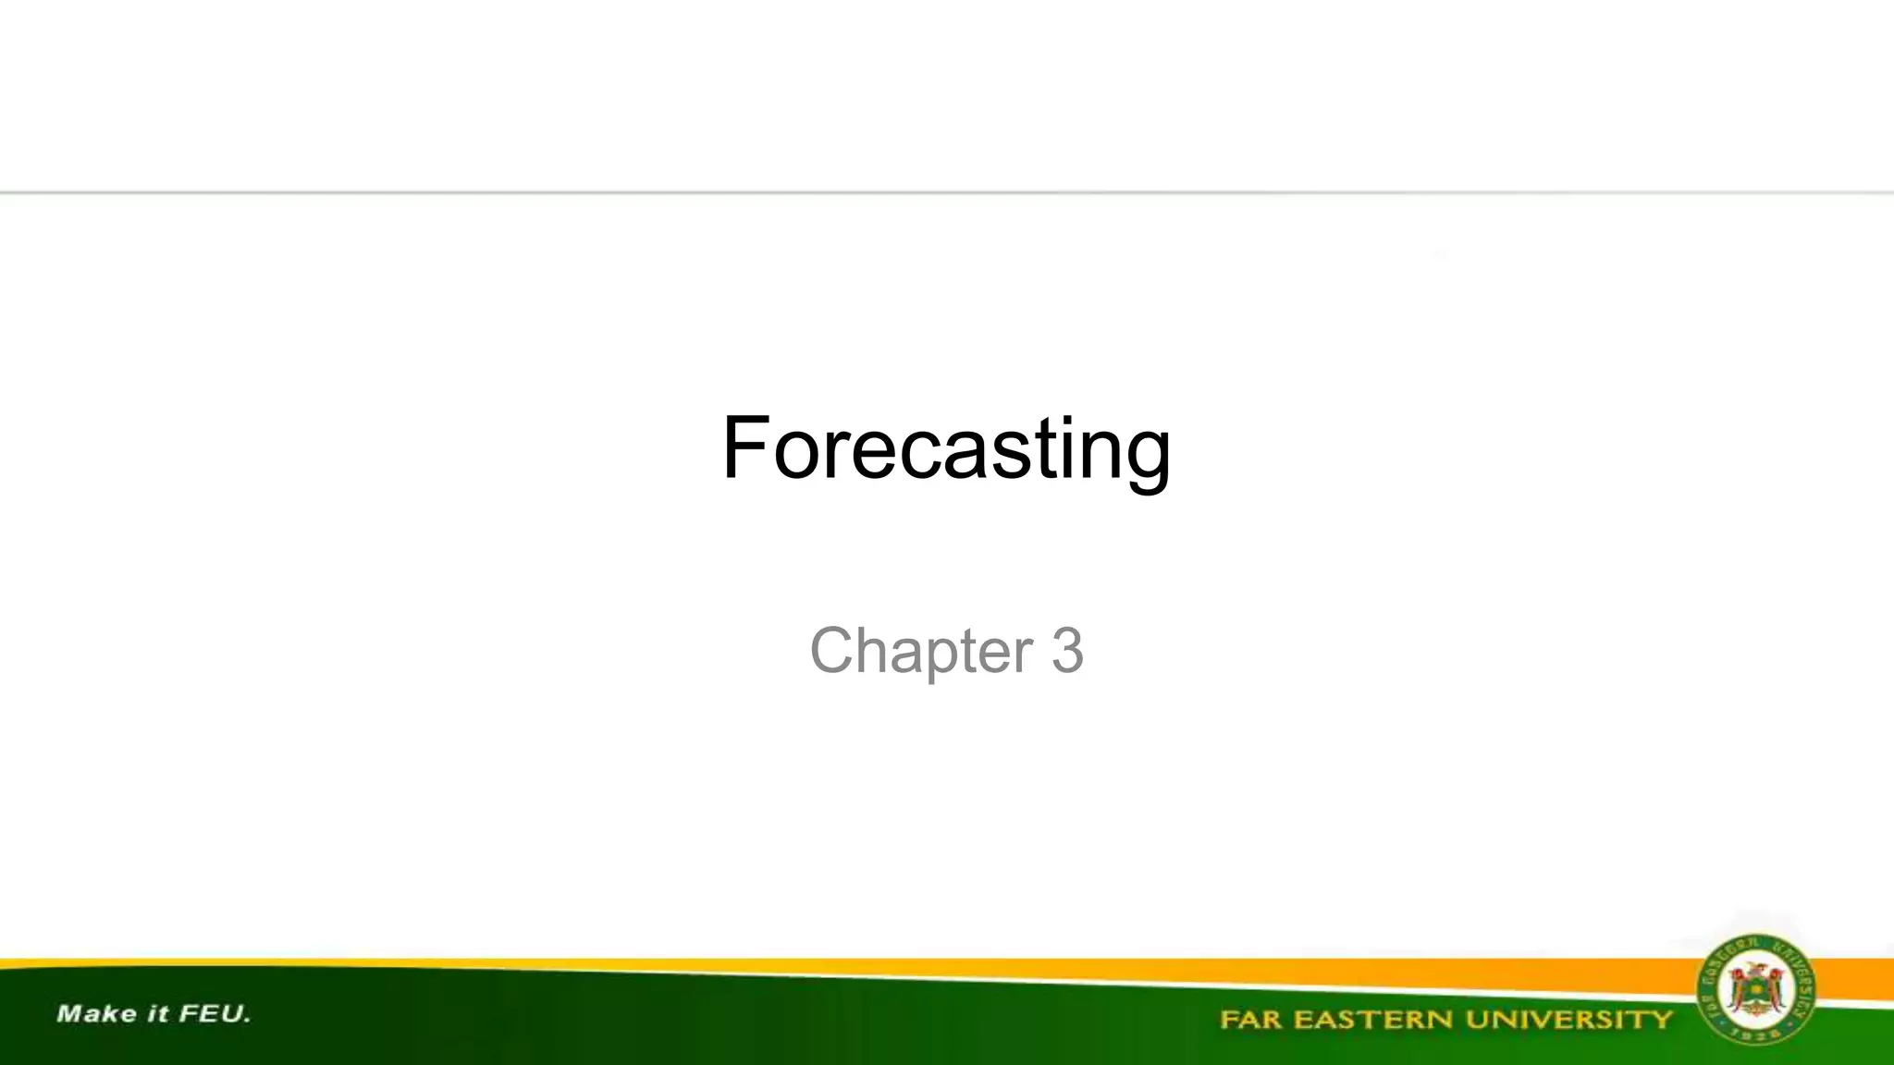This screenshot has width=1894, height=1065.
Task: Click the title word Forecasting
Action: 946,448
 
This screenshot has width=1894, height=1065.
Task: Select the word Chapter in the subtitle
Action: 921,651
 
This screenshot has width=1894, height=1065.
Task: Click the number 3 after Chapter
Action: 1067,650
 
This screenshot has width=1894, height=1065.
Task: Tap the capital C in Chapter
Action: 837,650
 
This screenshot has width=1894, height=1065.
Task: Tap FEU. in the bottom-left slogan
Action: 215,1014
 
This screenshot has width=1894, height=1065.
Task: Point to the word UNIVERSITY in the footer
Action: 1569,1020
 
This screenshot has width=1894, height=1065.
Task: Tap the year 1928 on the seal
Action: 1754,1034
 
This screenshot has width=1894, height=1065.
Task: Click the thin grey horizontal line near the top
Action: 946,192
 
